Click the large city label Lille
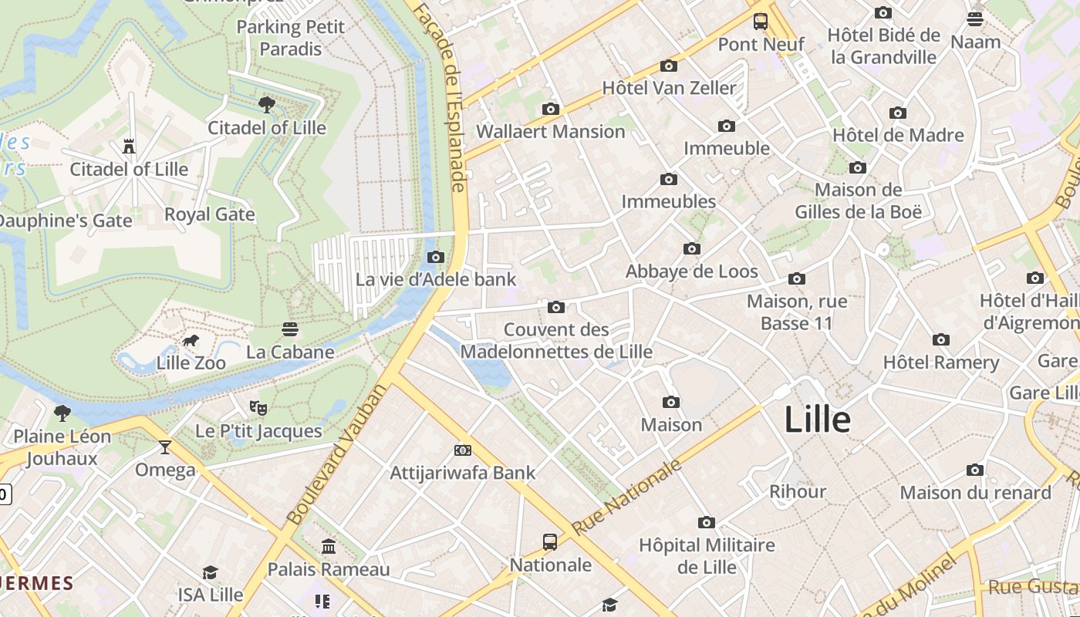point(817,420)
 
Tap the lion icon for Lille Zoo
point(191,341)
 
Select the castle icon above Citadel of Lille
point(129,147)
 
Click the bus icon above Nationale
point(550,542)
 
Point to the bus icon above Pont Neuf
point(761,22)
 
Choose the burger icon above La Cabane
point(290,330)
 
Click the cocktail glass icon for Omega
point(164,447)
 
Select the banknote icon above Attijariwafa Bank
point(463,450)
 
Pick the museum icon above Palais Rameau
point(329,547)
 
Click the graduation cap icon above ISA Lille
point(210,572)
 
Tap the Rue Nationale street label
point(627,497)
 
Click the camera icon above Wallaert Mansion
point(550,110)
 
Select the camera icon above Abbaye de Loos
point(692,249)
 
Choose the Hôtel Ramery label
point(940,362)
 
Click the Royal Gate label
point(210,214)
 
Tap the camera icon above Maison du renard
point(975,470)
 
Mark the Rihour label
point(798,491)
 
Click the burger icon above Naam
point(975,19)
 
